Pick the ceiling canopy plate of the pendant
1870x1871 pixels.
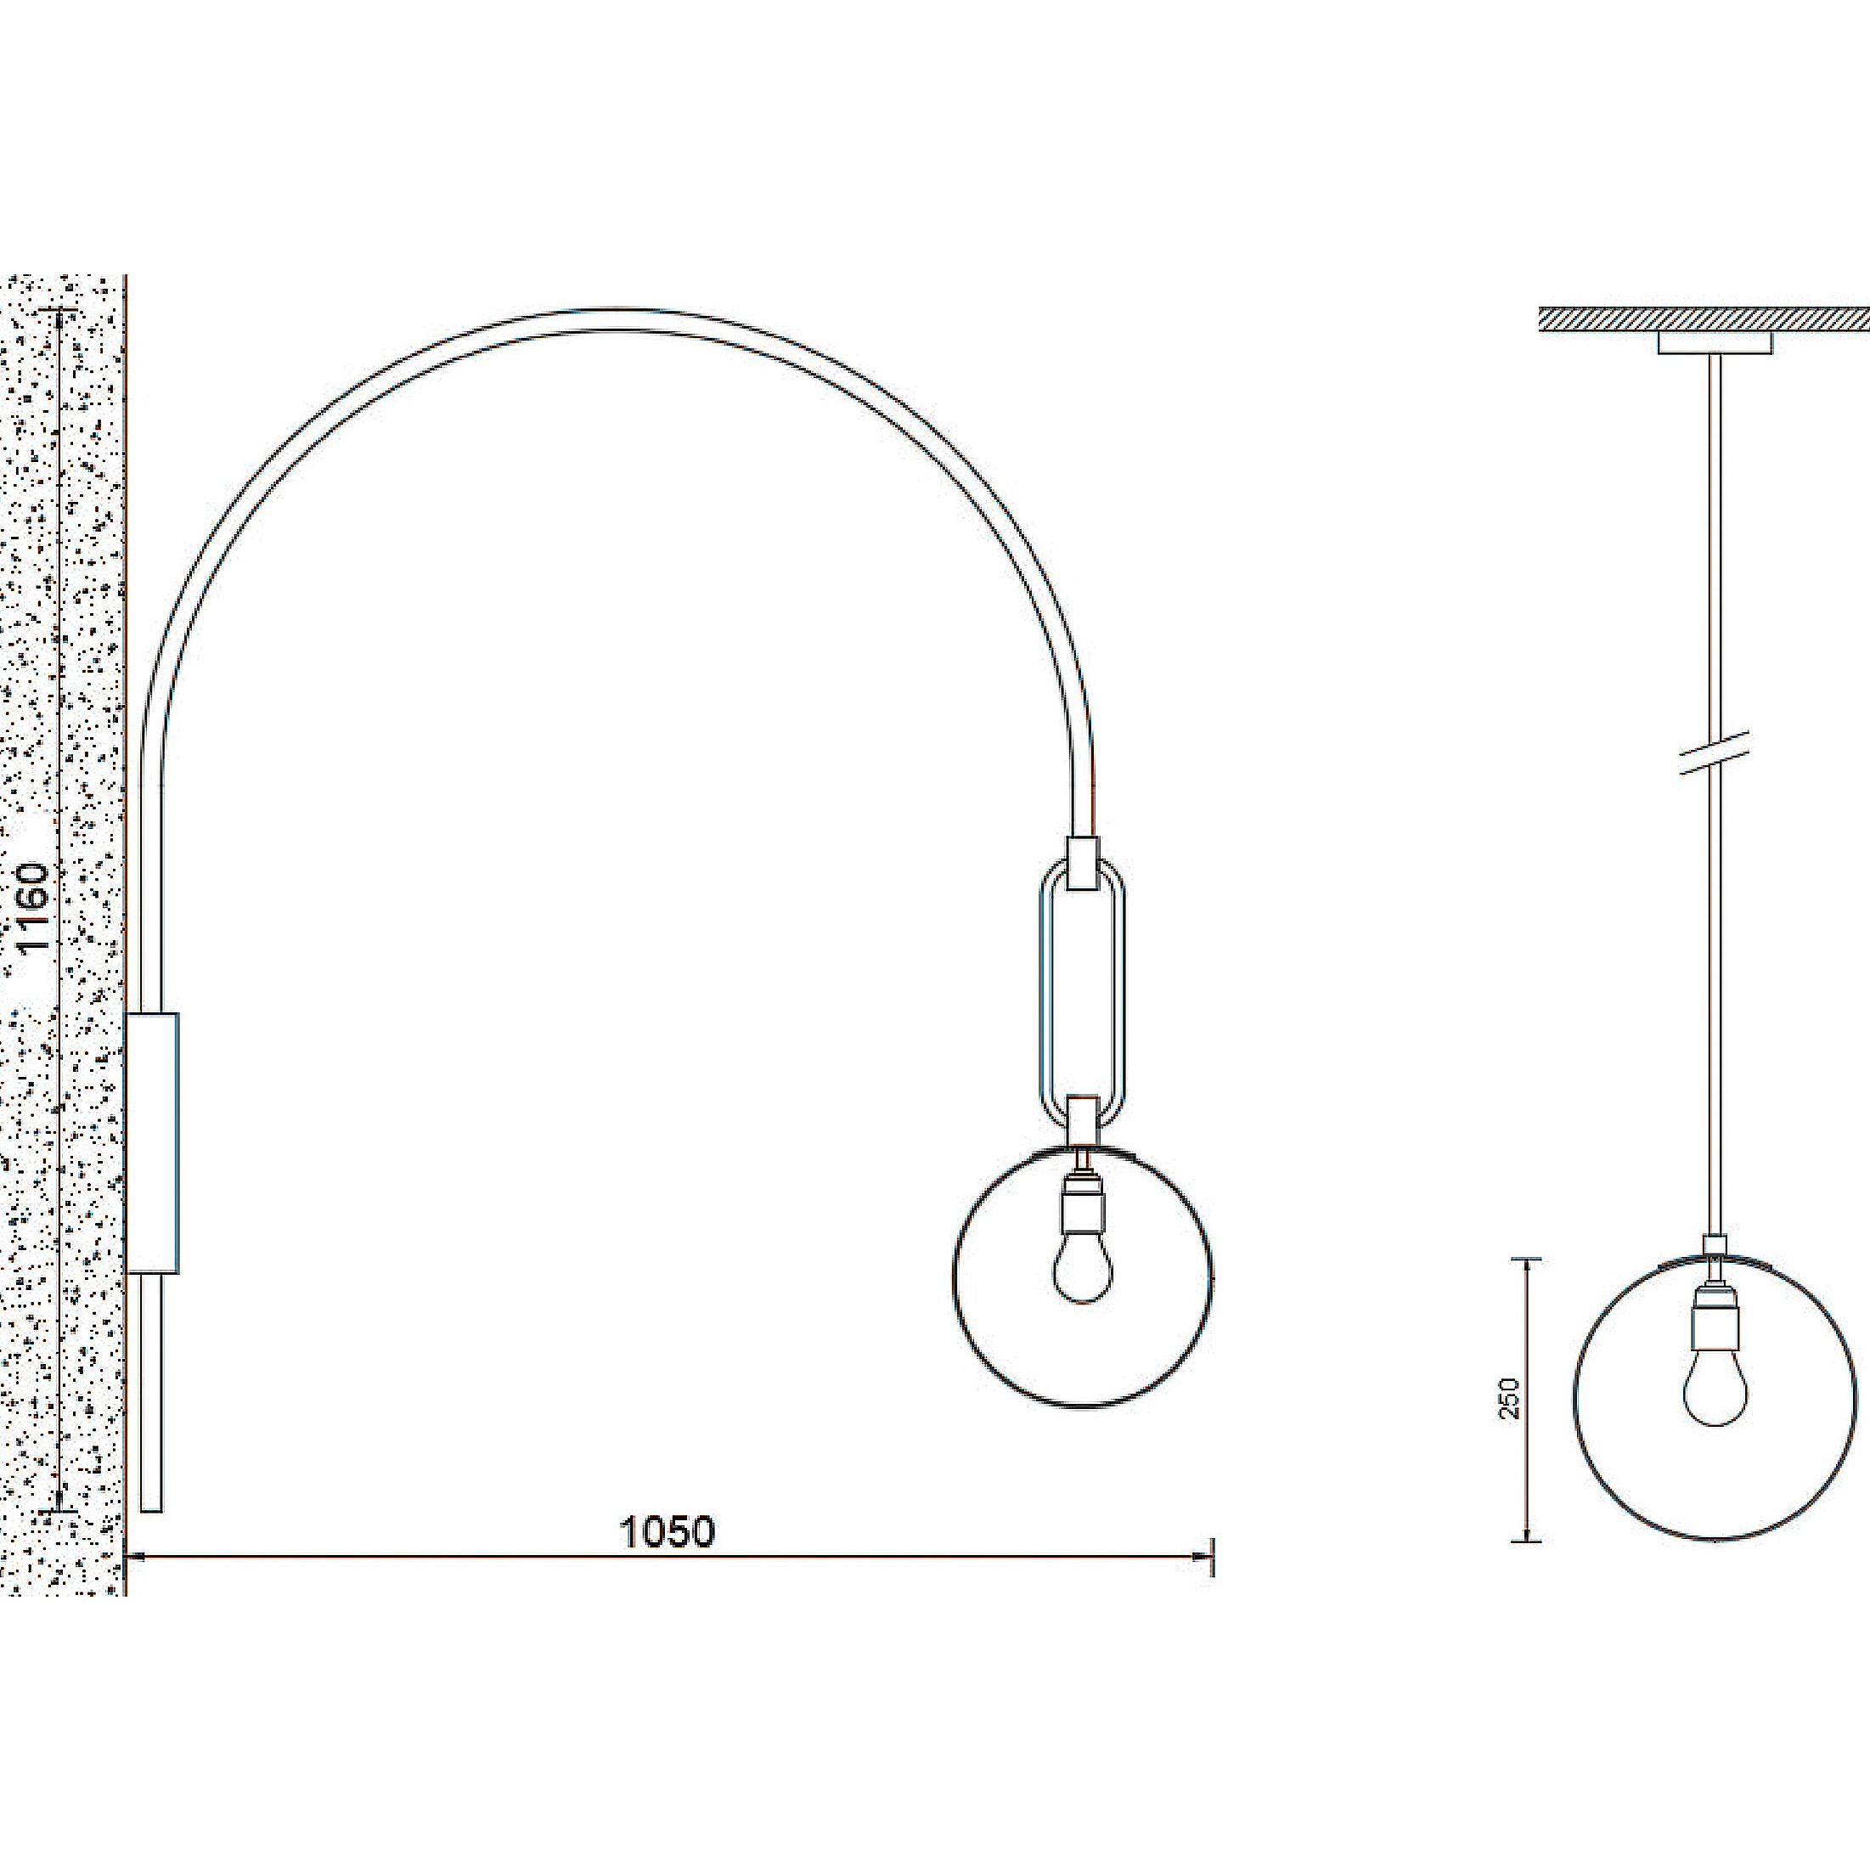[1715, 343]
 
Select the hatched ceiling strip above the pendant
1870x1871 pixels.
[1704, 320]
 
